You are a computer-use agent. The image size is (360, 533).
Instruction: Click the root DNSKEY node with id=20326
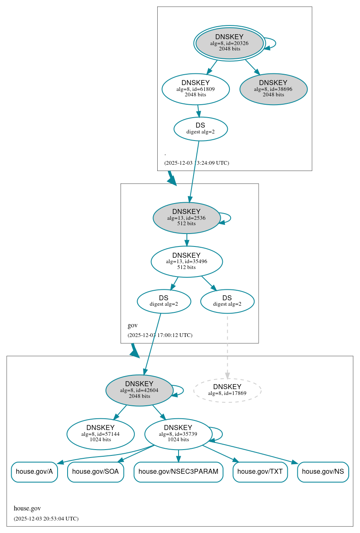click(x=229, y=43)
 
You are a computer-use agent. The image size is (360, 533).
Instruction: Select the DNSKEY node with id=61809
click(x=196, y=89)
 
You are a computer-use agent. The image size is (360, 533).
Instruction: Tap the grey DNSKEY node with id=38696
click(x=273, y=89)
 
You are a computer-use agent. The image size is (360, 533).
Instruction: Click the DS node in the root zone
click(x=201, y=129)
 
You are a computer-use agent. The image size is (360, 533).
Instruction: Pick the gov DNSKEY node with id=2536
click(x=186, y=218)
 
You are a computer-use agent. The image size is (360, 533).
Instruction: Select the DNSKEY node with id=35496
click(x=186, y=261)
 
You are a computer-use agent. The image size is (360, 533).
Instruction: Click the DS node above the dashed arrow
click(x=227, y=301)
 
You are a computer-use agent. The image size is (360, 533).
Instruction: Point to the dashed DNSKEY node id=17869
click(x=227, y=390)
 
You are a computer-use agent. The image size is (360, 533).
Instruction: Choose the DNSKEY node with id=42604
click(x=139, y=390)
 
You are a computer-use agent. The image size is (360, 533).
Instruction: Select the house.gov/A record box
click(x=34, y=472)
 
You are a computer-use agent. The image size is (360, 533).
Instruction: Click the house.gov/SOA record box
click(x=96, y=472)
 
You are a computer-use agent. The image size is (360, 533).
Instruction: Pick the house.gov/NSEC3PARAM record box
click(x=178, y=472)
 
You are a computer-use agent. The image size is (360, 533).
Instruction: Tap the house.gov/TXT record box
click(x=260, y=472)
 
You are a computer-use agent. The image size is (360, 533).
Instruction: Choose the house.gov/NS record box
click(x=322, y=472)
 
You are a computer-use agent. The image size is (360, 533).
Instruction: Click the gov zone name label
click(x=133, y=325)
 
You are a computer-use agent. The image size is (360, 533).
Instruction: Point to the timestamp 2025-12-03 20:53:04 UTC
click(x=46, y=519)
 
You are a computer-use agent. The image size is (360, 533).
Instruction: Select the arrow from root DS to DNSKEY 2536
click(x=194, y=171)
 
